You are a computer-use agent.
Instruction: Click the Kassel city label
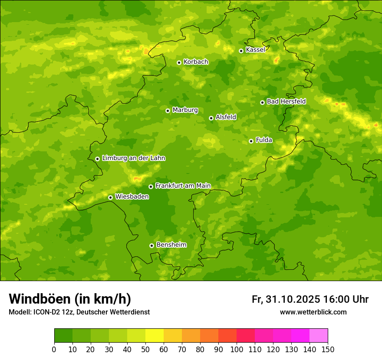pos(255,50)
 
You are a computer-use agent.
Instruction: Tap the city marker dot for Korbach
pos(179,62)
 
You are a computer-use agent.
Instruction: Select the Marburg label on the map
pos(185,110)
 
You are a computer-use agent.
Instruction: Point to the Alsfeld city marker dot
pos(211,118)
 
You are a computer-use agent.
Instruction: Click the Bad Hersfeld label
pos(286,101)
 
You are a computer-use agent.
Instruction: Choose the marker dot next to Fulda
pos(251,141)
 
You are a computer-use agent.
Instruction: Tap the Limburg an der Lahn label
pos(133,158)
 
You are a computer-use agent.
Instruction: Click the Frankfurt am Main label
pos(183,186)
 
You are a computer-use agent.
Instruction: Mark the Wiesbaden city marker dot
pos(110,197)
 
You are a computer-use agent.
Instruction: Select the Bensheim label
pos(171,245)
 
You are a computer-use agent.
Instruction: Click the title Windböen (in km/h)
pos(69,299)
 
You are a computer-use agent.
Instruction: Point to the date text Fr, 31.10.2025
pos(286,299)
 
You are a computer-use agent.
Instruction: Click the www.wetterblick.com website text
pos(313,312)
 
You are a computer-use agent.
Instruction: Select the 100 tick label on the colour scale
pos(237,349)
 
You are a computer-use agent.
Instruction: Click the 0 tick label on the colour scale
pos(54,349)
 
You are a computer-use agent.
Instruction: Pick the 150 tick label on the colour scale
pos(328,349)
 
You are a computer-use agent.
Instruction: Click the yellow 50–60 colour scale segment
pos(155,336)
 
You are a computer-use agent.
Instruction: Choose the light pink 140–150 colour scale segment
pos(319,336)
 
